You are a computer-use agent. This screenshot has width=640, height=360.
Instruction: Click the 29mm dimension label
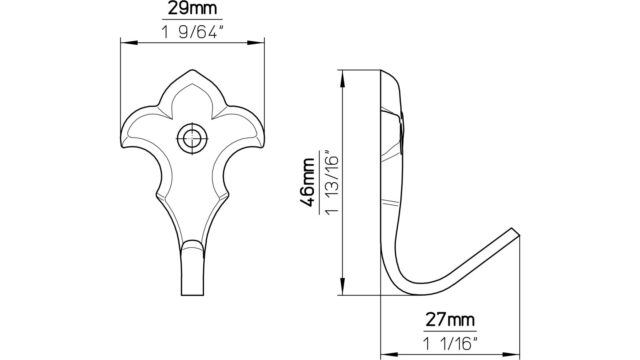tap(192, 9)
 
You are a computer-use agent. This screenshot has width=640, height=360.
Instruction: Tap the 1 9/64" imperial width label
tap(193, 32)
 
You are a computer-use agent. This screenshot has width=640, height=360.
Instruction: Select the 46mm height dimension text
tap(307, 182)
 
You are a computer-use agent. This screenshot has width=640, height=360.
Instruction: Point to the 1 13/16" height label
tap(332, 184)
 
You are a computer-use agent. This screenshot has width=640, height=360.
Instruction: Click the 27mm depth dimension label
tap(450, 320)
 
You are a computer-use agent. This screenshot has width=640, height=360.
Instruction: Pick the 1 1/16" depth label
tap(450, 344)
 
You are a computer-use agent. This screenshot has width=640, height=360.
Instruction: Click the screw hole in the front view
tap(192, 138)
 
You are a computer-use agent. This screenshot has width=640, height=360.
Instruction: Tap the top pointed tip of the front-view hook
tap(192, 70)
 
